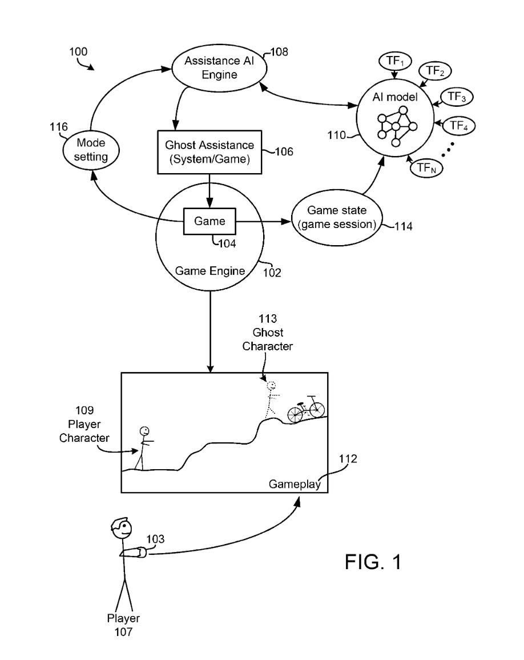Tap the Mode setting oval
(91, 151)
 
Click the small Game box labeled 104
(210, 221)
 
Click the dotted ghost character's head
(272, 385)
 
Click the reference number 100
(78, 51)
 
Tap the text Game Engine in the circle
(210, 271)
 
